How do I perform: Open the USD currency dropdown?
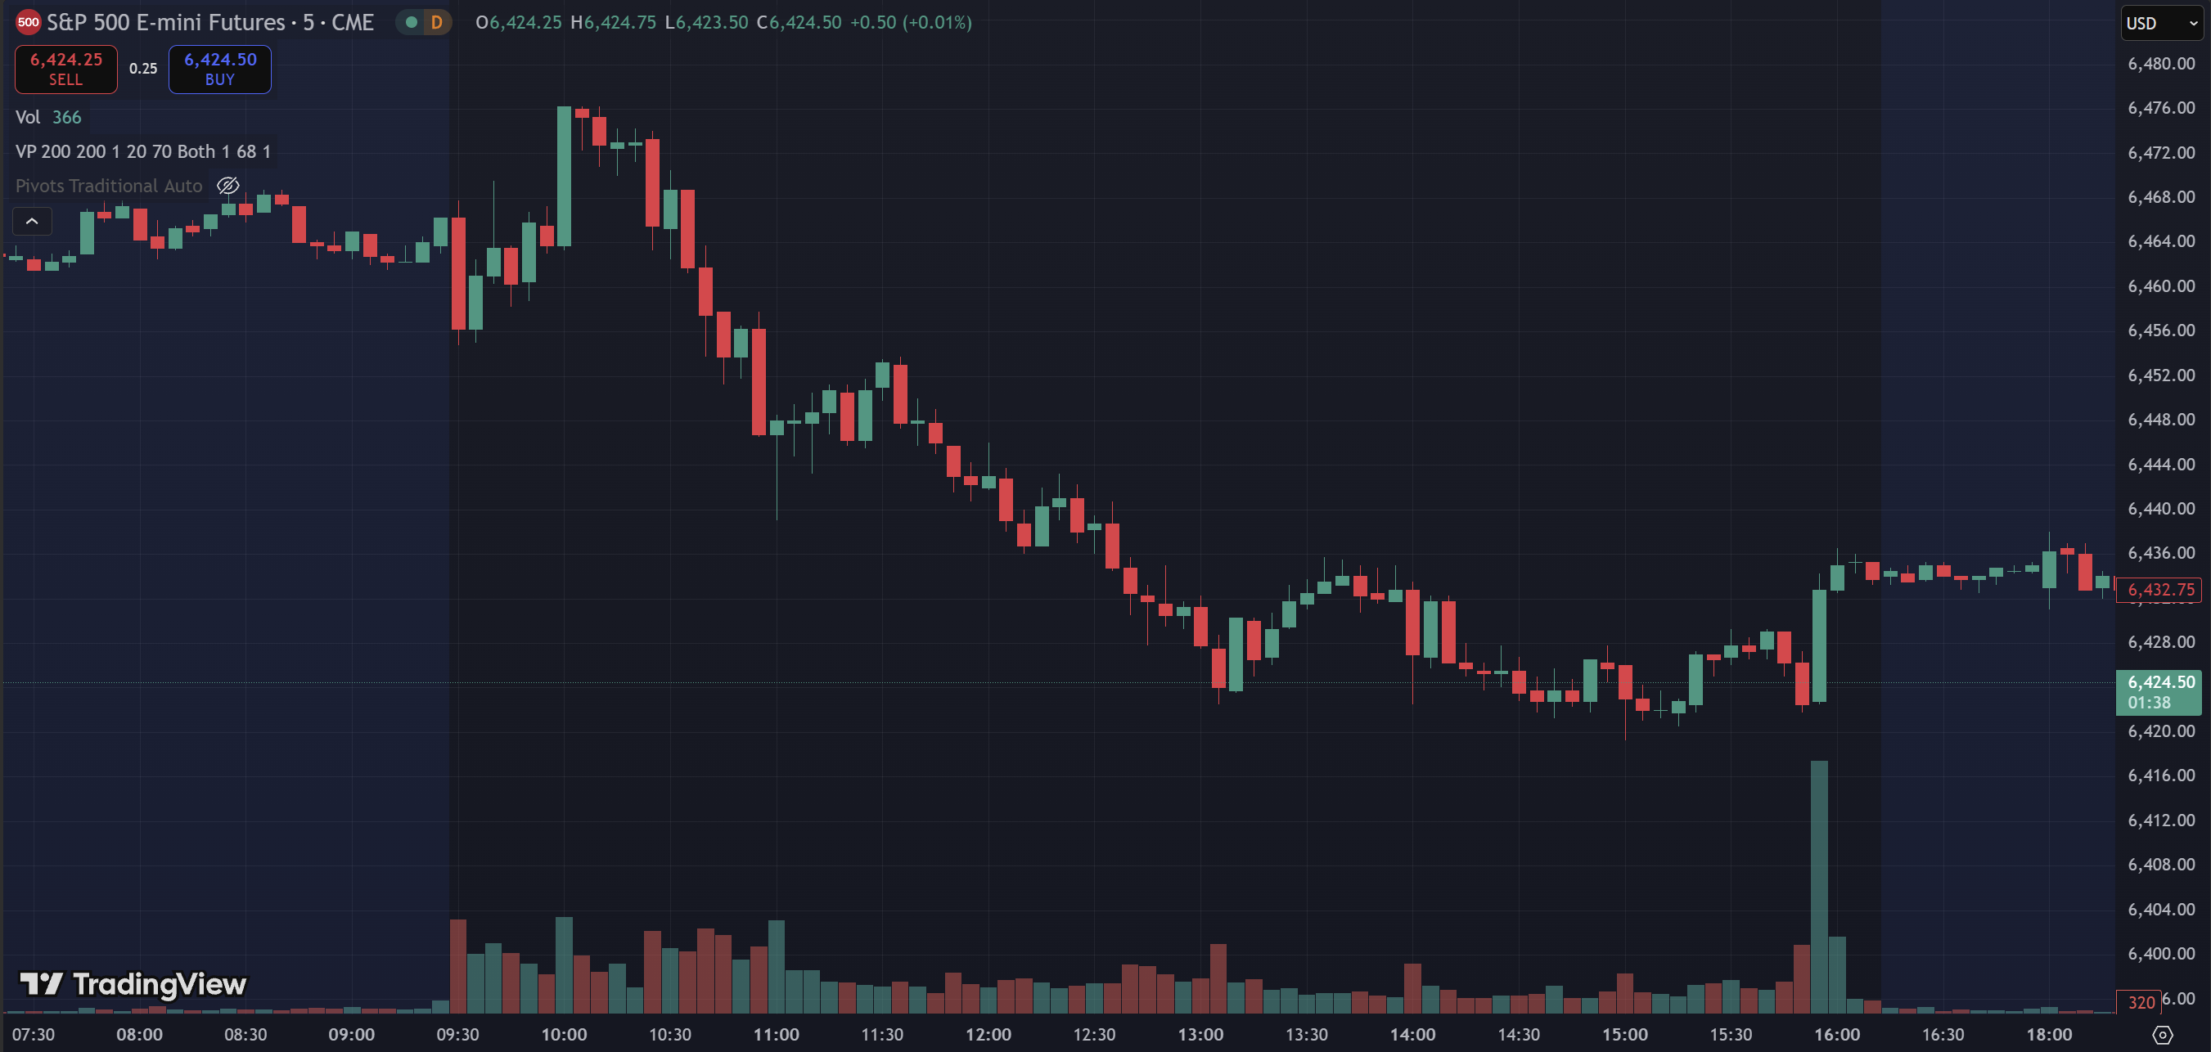(x=2161, y=23)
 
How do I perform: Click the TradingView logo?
(x=133, y=984)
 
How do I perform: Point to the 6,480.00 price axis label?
(x=2160, y=64)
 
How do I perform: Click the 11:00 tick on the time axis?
(x=776, y=1035)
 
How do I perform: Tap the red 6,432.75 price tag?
(x=2159, y=590)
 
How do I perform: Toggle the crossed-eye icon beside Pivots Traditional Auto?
(x=227, y=186)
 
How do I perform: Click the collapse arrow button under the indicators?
(x=32, y=222)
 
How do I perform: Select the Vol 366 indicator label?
(x=48, y=118)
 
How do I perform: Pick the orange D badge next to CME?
(x=436, y=23)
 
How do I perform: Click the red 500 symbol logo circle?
(x=29, y=22)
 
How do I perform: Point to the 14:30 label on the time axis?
(x=1519, y=1035)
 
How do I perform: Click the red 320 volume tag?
(x=2141, y=1002)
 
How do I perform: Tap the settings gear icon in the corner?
(x=2162, y=1035)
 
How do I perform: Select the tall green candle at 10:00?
(x=564, y=176)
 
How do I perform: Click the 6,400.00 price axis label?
(x=2160, y=953)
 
